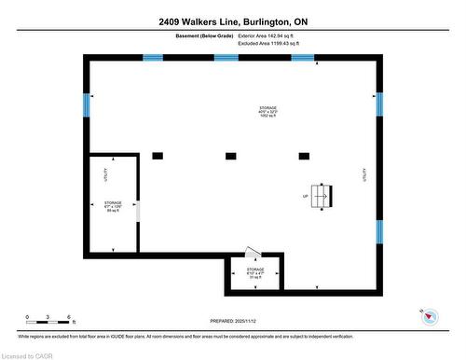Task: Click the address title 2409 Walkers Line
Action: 233,21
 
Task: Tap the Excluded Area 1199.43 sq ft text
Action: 273,44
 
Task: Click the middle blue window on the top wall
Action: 226,58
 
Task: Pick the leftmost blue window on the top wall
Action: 154,58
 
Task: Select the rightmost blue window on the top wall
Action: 302,58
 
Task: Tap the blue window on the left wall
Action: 87,104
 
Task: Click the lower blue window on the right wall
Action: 379,231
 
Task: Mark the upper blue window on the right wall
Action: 379,104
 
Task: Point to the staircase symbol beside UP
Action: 322,196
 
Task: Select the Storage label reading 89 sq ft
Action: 113,206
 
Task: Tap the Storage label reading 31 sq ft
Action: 255,275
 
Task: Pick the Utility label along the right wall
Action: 364,174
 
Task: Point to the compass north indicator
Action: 430,317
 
